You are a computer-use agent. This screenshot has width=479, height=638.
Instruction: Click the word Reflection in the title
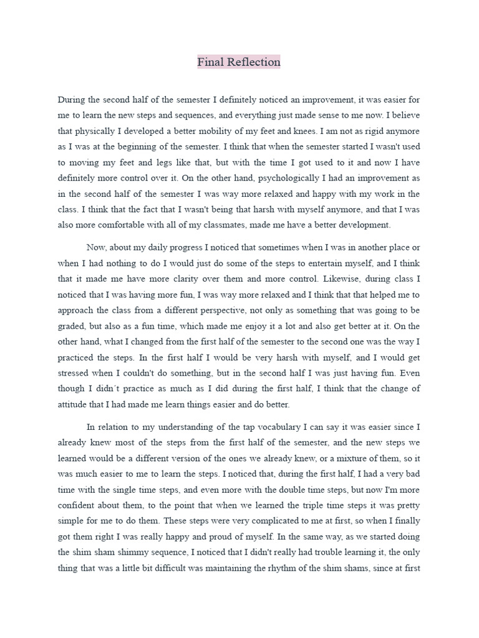254,62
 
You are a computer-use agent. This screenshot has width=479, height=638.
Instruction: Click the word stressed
74,373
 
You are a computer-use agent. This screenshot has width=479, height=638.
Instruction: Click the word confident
79,505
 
